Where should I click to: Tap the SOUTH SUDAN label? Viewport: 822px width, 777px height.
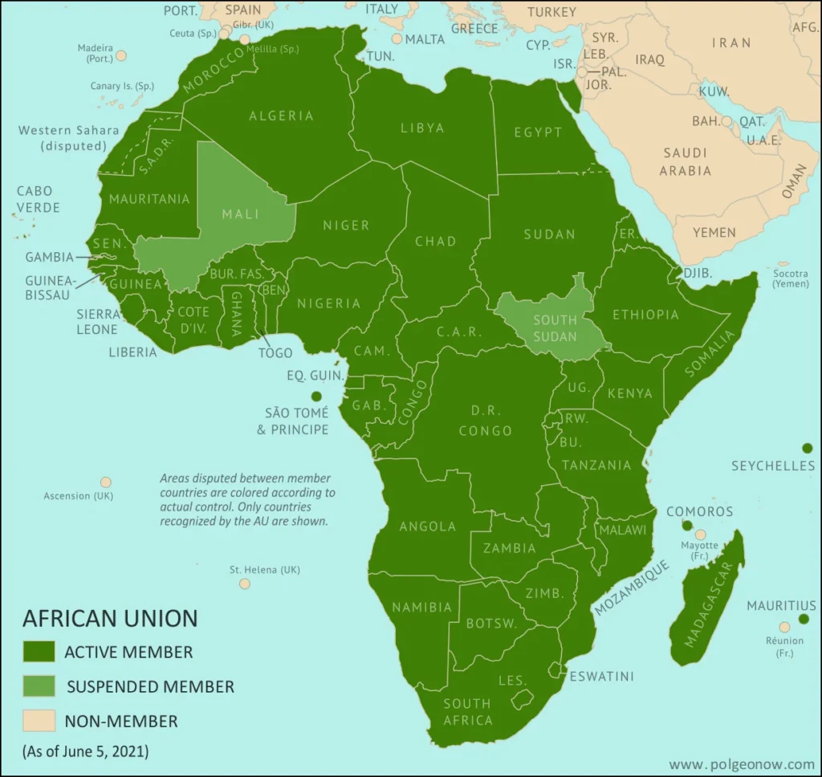[555, 328]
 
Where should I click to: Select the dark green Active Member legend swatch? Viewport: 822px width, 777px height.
[39, 651]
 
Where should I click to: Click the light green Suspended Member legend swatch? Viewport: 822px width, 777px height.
[39, 686]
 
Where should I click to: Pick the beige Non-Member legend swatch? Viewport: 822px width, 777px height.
[39, 721]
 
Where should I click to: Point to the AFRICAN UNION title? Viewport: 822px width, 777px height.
[110, 618]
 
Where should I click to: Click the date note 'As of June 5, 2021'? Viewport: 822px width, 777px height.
[86, 752]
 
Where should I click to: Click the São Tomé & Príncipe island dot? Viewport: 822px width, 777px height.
[316, 396]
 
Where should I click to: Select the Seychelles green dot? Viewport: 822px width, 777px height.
[807, 448]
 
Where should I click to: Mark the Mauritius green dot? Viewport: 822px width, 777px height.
[804, 619]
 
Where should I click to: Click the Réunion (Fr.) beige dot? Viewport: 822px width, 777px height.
[784, 627]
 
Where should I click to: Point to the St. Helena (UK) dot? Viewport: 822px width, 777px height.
[245, 584]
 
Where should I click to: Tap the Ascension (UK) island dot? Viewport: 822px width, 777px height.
[105, 482]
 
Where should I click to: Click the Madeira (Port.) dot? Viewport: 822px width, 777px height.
[121, 55]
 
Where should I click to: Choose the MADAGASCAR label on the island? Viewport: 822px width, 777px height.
[709, 604]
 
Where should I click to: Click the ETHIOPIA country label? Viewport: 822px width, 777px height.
[645, 315]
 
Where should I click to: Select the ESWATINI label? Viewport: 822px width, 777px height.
[601, 676]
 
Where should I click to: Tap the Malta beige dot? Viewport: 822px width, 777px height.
[397, 39]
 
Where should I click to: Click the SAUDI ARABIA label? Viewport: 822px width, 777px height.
[685, 161]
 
